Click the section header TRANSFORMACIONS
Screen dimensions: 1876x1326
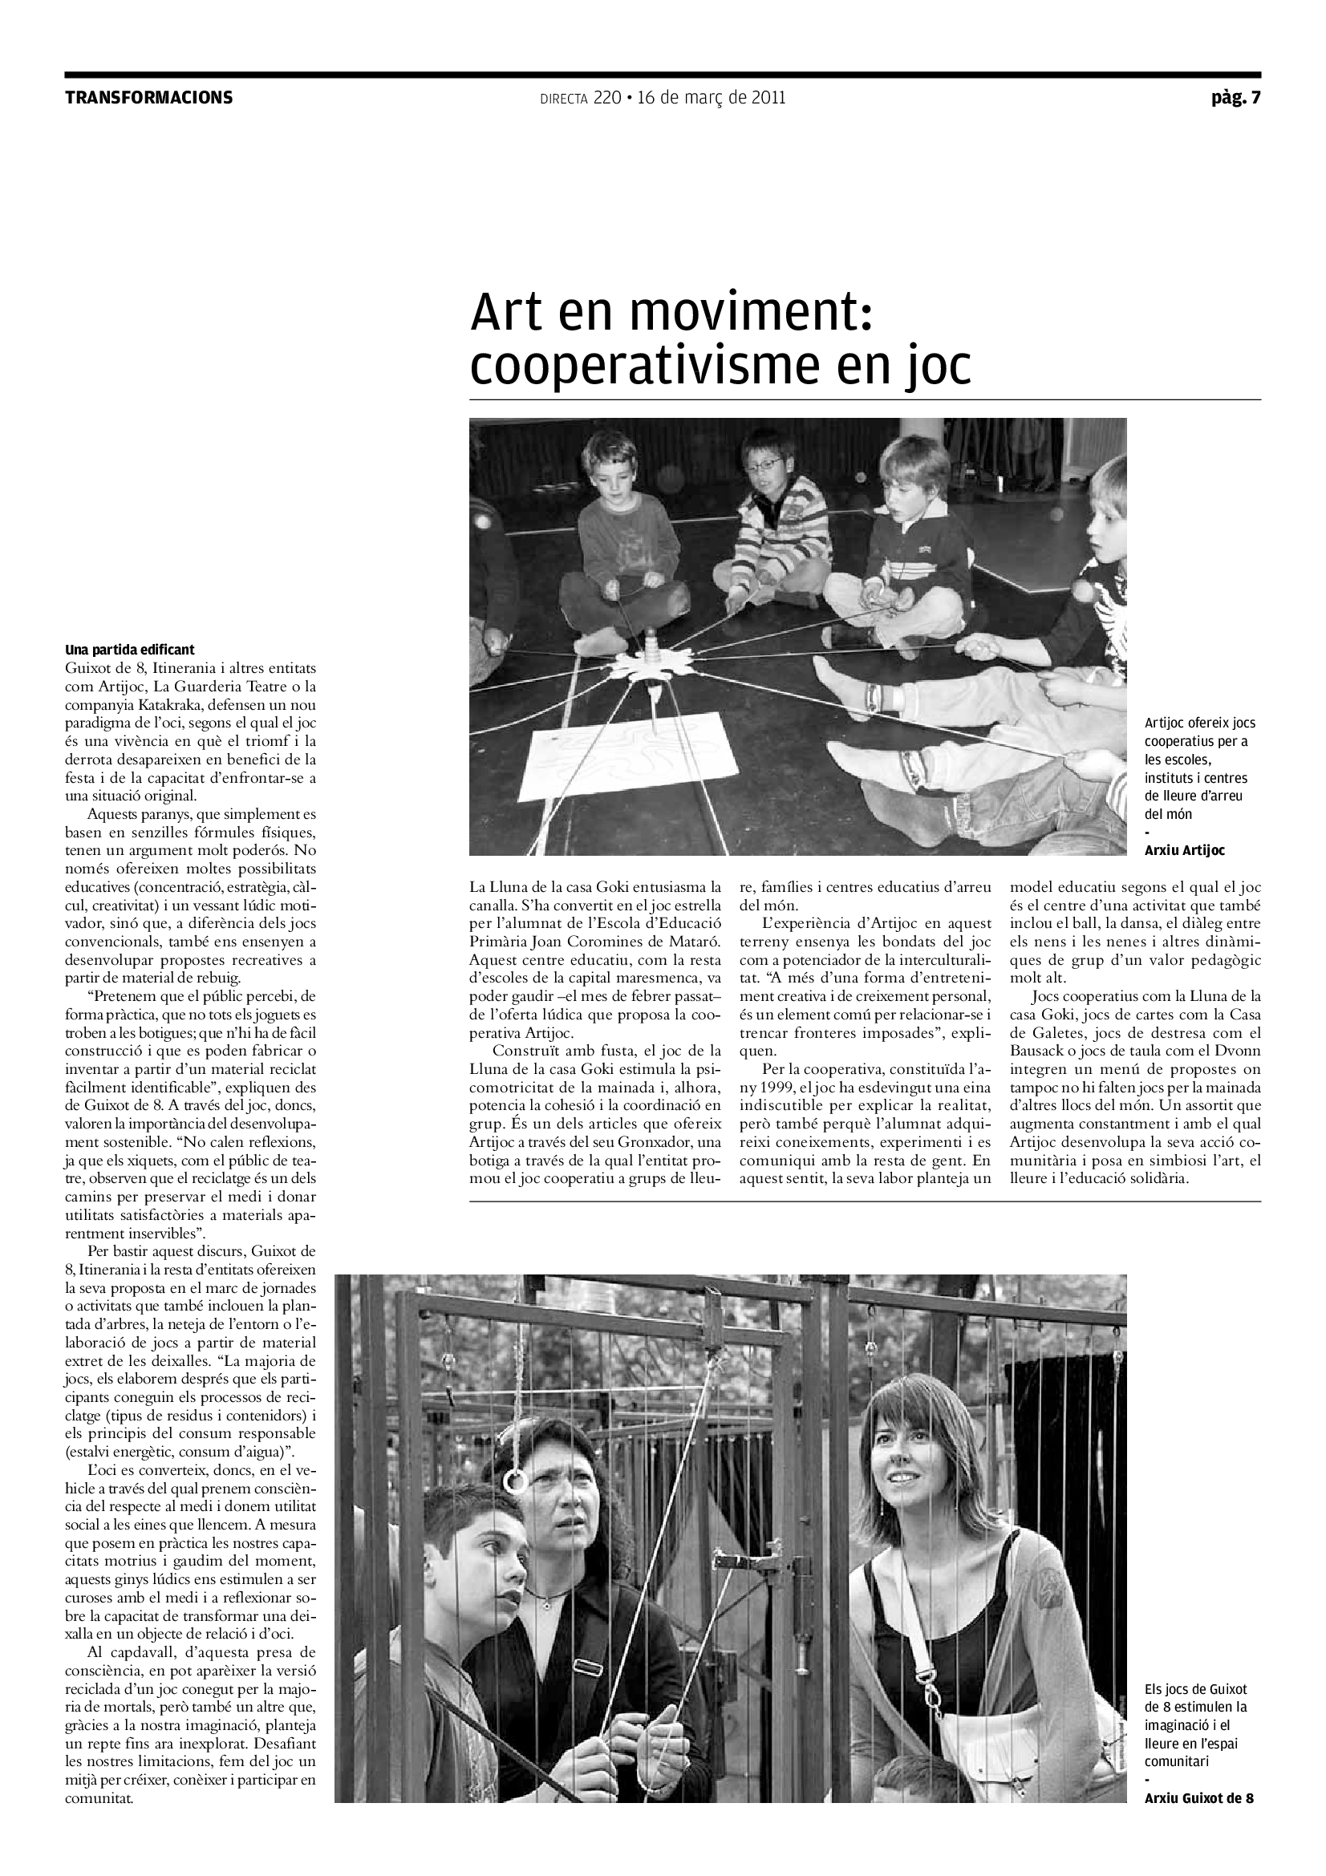point(148,98)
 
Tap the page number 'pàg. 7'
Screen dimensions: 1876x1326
point(1236,98)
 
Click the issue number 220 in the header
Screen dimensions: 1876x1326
point(607,98)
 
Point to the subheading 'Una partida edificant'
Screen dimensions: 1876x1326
point(130,650)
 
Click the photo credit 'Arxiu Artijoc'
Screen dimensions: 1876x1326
point(1184,850)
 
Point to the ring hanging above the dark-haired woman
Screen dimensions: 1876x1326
point(517,1481)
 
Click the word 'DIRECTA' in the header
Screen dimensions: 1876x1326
point(564,99)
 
